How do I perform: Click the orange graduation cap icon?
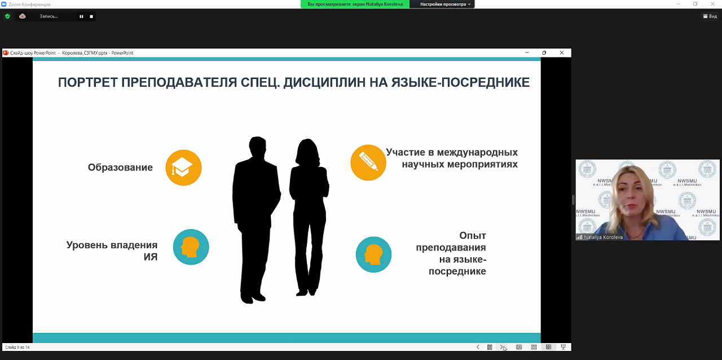(x=183, y=168)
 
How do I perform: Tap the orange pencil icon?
(x=368, y=163)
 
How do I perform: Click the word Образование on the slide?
(x=120, y=168)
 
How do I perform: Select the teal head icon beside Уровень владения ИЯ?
(x=191, y=247)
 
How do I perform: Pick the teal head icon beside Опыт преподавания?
(x=373, y=254)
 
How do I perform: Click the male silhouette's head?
(x=257, y=147)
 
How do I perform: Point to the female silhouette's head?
(x=308, y=152)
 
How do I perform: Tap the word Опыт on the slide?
(x=473, y=236)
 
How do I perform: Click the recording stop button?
(x=91, y=16)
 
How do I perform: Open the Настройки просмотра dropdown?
(x=445, y=4)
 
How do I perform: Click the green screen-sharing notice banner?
(x=355, y=4)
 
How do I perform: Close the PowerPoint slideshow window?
(x=561, y=52)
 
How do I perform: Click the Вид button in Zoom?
(x=710, y=16)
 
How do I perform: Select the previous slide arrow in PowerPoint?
(x=478, y=347)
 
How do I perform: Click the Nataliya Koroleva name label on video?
(x=603, y=237)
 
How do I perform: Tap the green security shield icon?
(x=7, y=16)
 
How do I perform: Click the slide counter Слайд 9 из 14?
(x=17, y=348)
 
